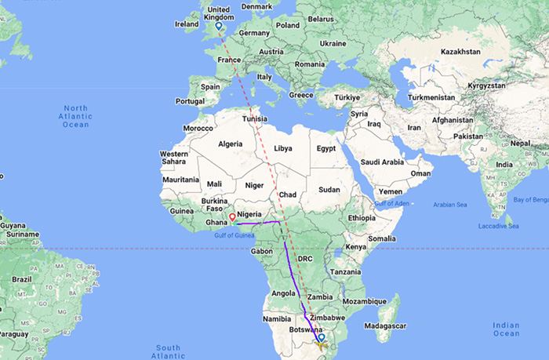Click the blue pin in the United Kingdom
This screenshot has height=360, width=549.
218,27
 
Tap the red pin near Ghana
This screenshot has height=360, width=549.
232,216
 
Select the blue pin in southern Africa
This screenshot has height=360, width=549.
320,338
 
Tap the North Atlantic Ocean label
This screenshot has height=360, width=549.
76,116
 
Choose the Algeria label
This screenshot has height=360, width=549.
230,144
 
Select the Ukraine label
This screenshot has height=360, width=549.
333,43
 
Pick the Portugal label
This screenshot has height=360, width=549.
191,100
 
